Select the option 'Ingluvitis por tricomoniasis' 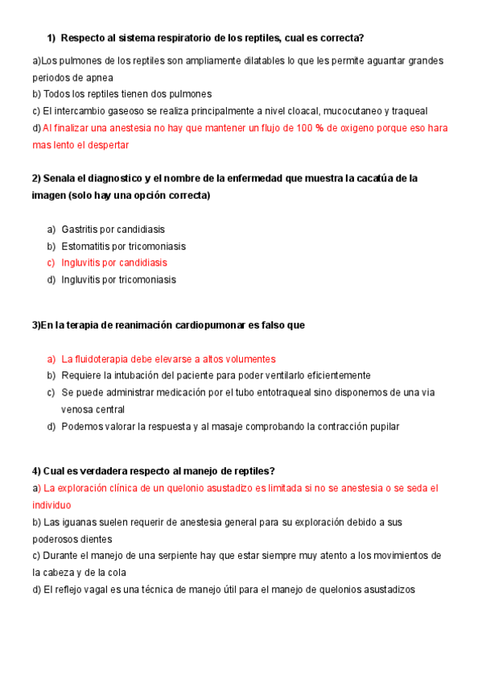(118, 280)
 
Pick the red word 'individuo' (51, 505)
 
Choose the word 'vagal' (90, 590)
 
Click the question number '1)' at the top (51, 38)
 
